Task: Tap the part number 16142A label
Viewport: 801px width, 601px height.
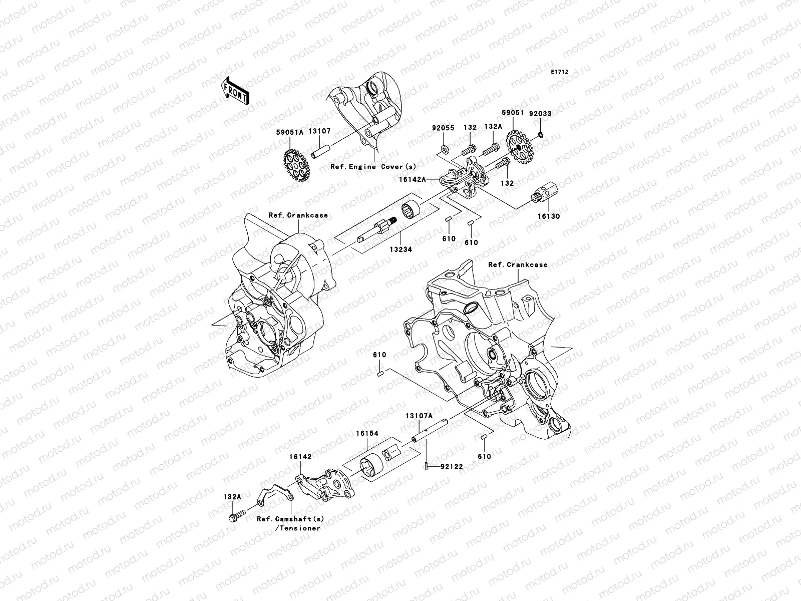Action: tap(412, 178)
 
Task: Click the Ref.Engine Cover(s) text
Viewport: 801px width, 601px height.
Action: tap(373, 167)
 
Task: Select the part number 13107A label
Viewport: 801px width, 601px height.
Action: tap(419, 416)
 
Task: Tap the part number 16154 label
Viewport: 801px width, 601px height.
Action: tap(367, 434)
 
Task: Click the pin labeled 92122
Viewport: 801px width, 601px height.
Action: tap(425, 466)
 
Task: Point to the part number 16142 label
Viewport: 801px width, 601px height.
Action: tap(300, 457)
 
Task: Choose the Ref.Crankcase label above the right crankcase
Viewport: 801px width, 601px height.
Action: tap(518, 264)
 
